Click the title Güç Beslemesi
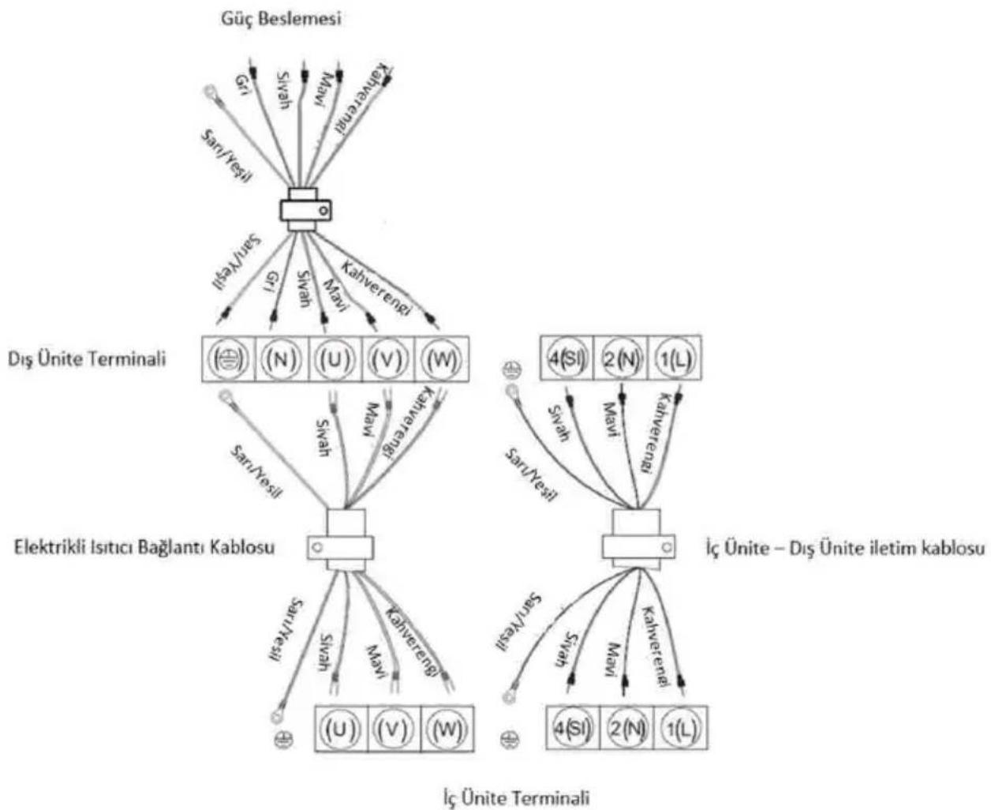point(281,19)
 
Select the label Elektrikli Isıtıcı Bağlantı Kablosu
point(144,548)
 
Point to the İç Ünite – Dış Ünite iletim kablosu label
point(845,549)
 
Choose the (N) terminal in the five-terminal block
point(281,360)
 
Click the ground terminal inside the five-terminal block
point(228,360)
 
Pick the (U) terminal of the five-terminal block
point(335,360)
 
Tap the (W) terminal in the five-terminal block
point(442,360)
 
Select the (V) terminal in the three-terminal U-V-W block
point(394,729)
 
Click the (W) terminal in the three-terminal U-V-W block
point(447,729)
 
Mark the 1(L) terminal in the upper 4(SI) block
point(675,358)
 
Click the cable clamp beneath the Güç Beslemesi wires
point(305,210)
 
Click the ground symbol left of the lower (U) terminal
point(283,740)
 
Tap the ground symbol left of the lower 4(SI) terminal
point(509,740)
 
